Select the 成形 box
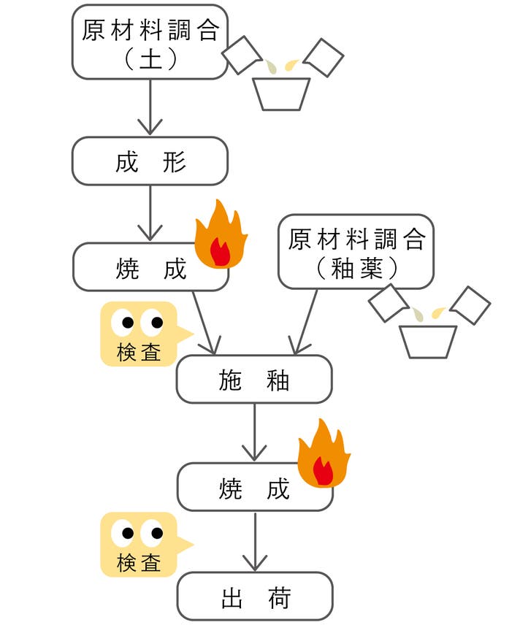[150, 161]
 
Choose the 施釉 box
[254, 379]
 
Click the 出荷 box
[255, 597]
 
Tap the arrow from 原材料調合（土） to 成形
[150, 107]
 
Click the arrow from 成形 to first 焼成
[150, 213]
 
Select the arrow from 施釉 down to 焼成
[255, 432]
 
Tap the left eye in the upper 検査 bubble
[128, 322]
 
